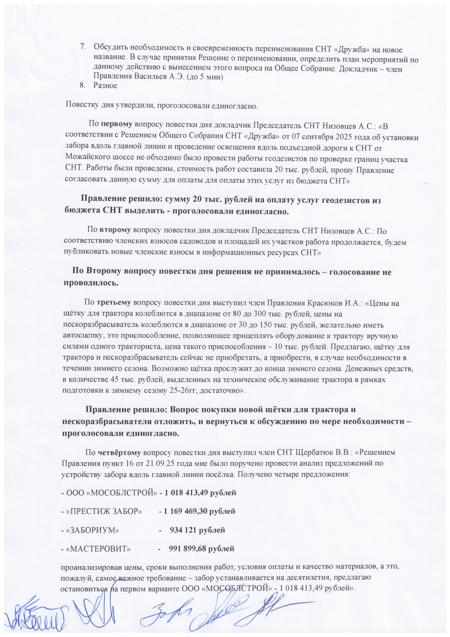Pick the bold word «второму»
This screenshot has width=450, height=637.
115,230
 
